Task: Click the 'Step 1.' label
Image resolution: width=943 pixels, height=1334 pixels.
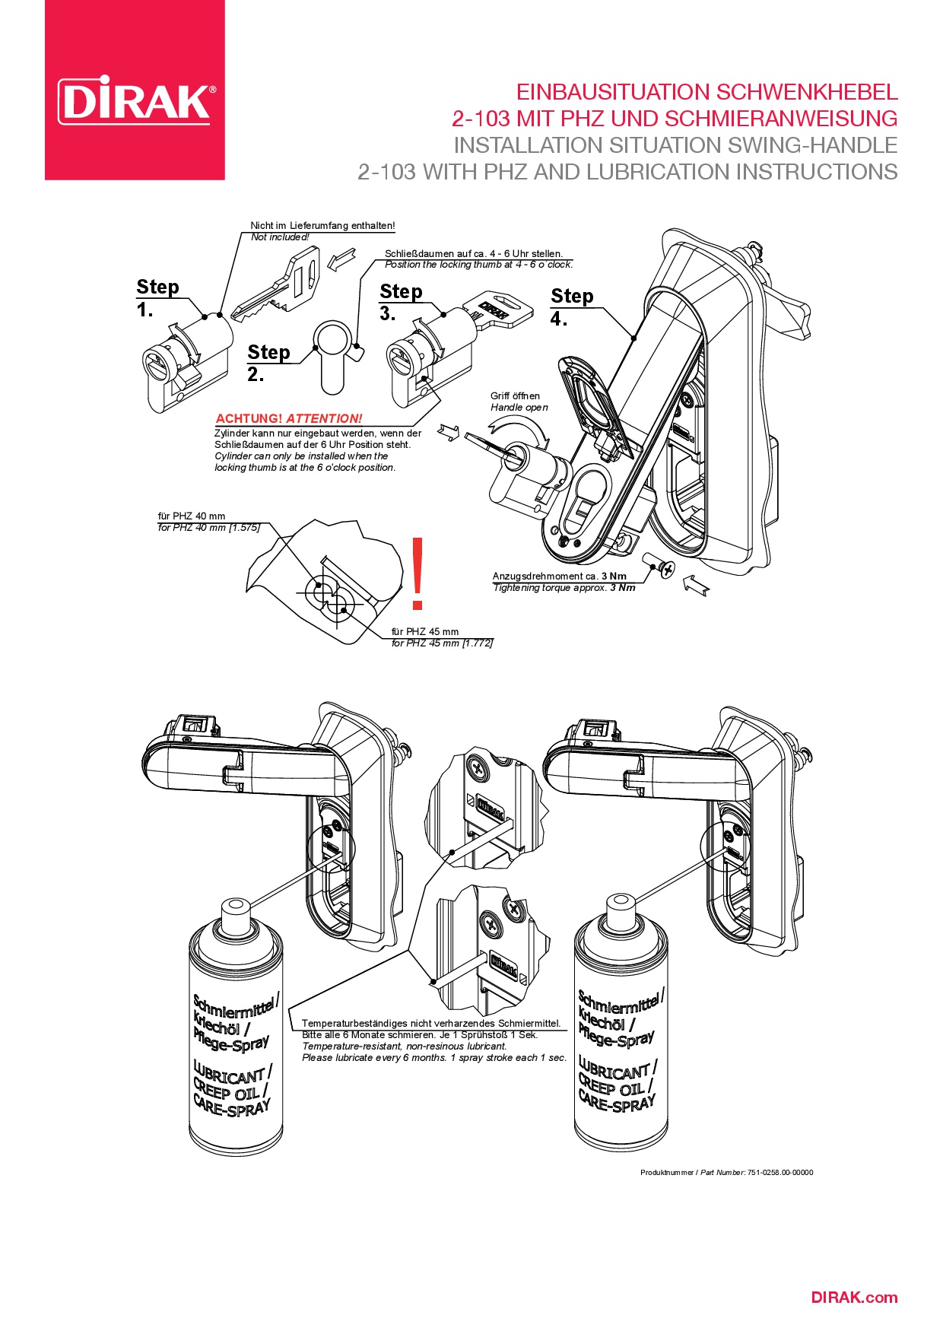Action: click(157, 298)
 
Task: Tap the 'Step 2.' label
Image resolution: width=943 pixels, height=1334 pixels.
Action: click(268, 363)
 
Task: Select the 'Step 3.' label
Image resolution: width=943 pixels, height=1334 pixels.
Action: click(400, 302)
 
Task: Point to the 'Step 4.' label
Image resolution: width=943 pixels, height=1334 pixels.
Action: click(571, 307)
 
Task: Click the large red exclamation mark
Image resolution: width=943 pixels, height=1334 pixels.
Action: click(417, 574)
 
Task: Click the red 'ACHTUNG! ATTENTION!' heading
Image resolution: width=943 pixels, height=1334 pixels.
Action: click(289, 418)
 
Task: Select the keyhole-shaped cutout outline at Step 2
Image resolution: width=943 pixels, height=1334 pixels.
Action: click(334, 354)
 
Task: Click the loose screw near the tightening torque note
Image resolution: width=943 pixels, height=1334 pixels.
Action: click(659, 566)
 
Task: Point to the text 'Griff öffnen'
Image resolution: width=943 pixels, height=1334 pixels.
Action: click(515, 395)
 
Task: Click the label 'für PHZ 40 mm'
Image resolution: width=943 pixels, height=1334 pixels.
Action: click(192, 516)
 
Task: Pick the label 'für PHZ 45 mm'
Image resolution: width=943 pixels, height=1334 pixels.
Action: click(425, 631)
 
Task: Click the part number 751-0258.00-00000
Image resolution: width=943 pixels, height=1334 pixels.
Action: click(779, 1172)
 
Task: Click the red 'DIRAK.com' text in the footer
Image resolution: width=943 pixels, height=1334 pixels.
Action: click(854, 1297)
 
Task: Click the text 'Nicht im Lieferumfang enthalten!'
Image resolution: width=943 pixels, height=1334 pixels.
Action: click(322, 226)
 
